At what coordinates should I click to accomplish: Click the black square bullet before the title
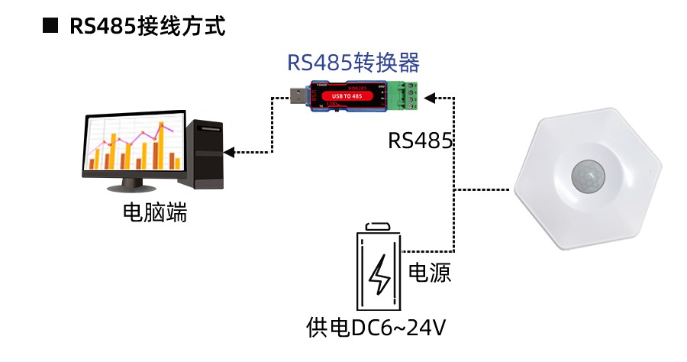50,26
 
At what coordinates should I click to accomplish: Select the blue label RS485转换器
353,63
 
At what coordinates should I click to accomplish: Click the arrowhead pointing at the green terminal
429,97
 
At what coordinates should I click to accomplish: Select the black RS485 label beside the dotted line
421,141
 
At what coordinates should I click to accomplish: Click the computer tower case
205,153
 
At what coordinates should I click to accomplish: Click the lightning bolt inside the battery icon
379,276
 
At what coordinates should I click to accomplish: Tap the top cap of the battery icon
379,227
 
